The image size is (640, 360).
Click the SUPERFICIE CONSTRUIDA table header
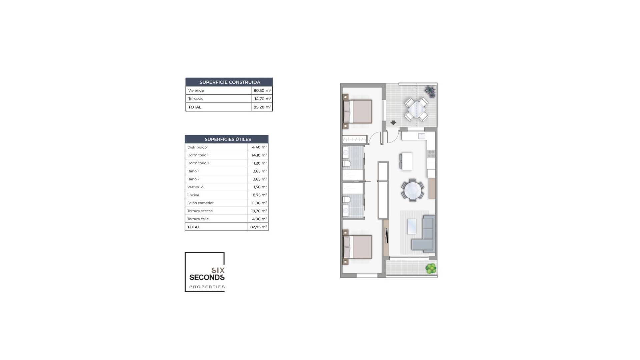pos(229,82)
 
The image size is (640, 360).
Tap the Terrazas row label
pos(196,99)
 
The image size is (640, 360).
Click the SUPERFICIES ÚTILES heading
pos(227,139)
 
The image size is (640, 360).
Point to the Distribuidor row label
pos(198,147)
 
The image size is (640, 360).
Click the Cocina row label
pos(193,195)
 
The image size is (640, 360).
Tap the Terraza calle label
pos(198,219)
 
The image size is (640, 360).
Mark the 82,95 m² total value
pos(258,227)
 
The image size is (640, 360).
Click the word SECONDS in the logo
pos(207,277)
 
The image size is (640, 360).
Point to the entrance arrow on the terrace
pos(393,123)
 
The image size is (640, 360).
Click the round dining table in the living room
pos(413,190)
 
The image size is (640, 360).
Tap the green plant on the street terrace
pos(431,268)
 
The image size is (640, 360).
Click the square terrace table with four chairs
pos(416,109)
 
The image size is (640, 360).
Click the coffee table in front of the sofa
pos(412,226)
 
